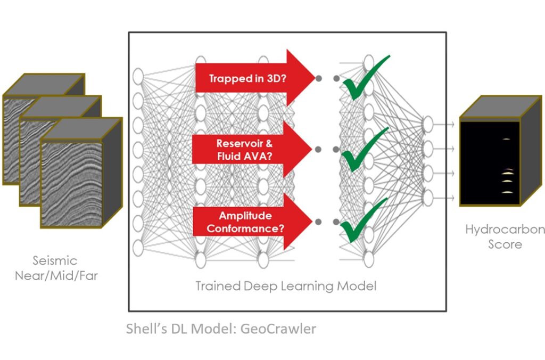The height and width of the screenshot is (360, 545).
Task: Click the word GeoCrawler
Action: click(278, 329)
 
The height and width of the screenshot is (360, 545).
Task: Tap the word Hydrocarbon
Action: click(505, 230)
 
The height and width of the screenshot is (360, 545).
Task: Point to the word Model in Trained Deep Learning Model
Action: click(359, 286)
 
